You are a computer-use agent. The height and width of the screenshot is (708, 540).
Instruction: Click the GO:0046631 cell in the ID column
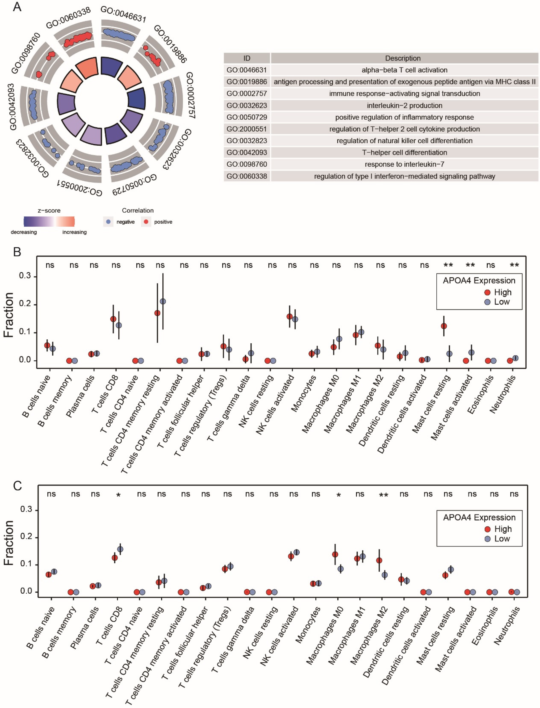coord(246,70)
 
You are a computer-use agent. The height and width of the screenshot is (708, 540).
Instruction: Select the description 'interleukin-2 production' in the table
coord(404,105)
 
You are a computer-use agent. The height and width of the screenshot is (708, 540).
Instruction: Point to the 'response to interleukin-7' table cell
coord(404,164)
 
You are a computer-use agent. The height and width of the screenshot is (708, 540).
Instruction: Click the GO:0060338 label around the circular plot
coord(68,18)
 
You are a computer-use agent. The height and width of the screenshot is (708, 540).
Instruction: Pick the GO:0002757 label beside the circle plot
coord(190,95)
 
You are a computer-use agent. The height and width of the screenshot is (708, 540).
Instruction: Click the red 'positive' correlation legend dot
coord(146,222)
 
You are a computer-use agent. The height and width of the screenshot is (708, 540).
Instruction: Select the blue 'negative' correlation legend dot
coord(108,222)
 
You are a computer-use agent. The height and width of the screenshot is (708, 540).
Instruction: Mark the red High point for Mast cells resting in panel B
coord(444,326)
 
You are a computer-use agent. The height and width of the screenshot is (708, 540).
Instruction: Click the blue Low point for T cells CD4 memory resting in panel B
coord(163,301)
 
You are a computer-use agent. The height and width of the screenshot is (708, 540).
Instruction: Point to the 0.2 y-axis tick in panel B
coord(25,304)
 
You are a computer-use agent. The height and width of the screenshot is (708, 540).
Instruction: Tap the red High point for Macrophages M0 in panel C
coord(335,554)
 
